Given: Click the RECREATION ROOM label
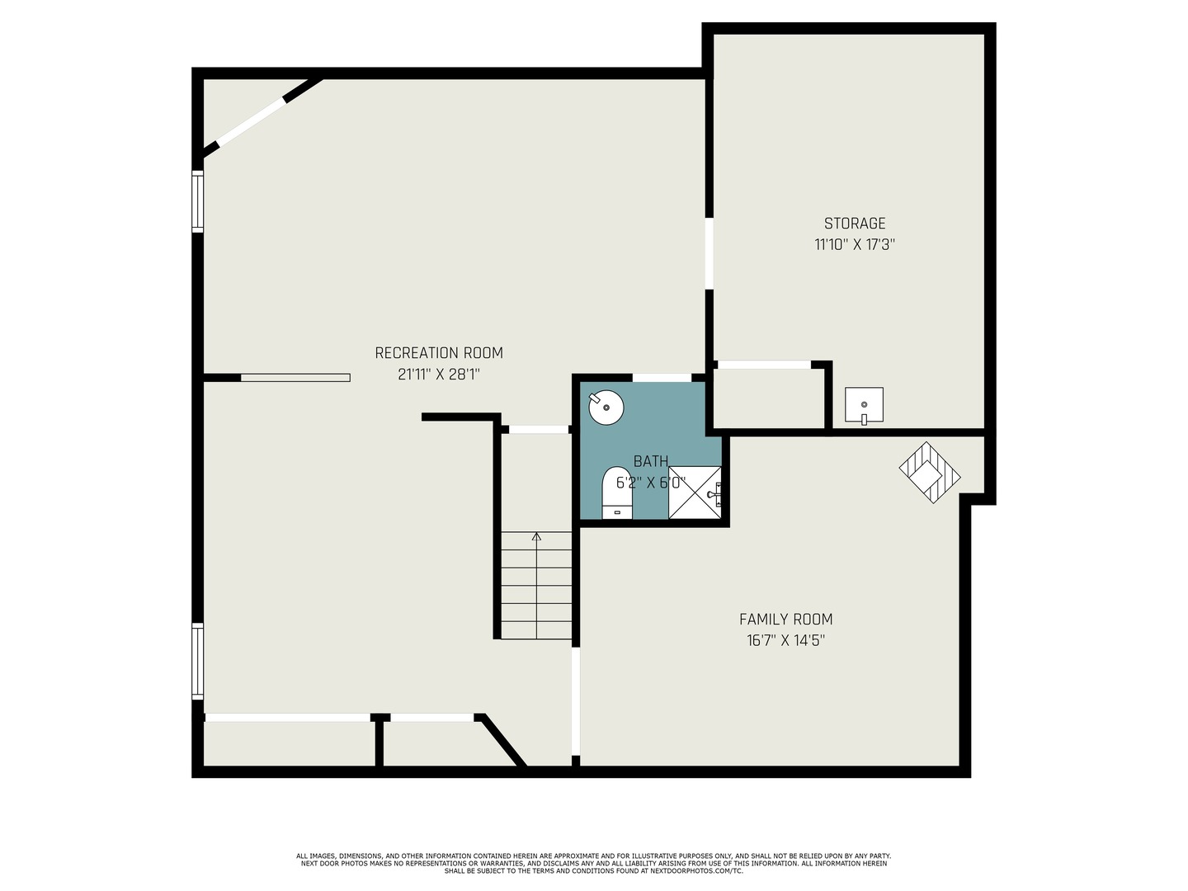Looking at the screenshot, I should point(438,352).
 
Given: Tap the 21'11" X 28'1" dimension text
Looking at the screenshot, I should point(438,374).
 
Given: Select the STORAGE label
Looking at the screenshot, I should point(855,223).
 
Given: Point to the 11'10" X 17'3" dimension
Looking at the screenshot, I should point(855,244).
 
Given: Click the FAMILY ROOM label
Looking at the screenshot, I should point(785,619).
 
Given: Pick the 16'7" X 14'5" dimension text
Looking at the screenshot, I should point(785,640).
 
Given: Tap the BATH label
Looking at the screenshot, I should point(650,461).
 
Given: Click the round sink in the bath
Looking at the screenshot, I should point(606,407).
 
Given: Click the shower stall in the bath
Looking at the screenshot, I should point(695,493).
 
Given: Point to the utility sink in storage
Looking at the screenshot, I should point(864,404).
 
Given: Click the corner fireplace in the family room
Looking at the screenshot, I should point(930,473).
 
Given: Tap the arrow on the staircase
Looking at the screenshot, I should point(537,537).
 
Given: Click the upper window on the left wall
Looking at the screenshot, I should point(198,200).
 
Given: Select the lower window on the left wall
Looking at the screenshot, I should point(198,661).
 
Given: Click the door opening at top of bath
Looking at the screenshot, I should point(662,378).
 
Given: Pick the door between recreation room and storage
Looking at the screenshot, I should point(709,253).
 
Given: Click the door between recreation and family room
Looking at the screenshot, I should point(576,700).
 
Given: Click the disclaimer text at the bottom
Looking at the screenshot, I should point(593,863).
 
